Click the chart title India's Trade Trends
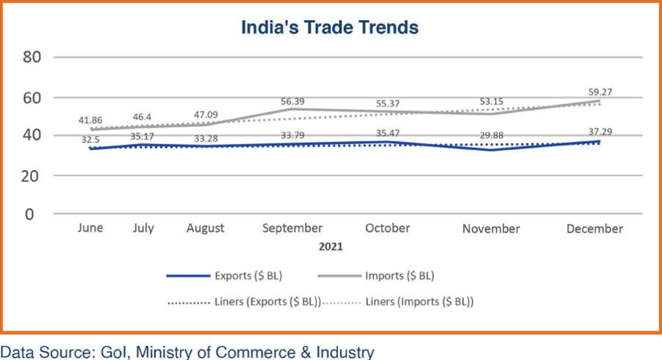pos(330,28)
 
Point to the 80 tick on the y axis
pos(33,58)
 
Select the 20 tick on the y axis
pos(33,175)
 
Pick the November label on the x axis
pos(491,229)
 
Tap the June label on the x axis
pos(91,228)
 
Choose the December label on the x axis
pos(594,229)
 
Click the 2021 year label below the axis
pos(330,247)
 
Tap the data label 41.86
pos(91,120)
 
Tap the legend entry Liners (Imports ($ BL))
pos(420,301)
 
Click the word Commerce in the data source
pos(249,352)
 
